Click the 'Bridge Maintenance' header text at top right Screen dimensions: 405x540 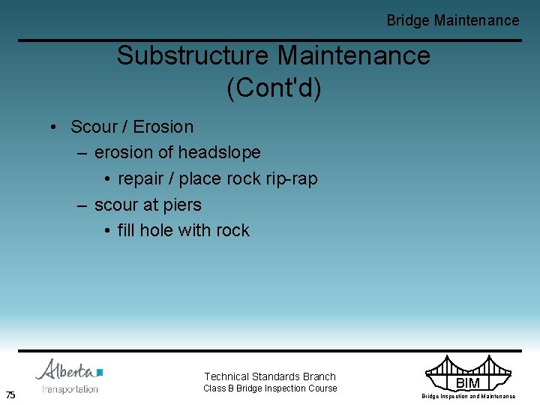pos(452,20)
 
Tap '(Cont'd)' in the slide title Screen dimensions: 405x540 pos(273,88)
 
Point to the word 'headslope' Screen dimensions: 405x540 pos(220,152)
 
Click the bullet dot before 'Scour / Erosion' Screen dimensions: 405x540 pos(55,127)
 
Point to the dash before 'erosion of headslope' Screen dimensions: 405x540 pos(82,153)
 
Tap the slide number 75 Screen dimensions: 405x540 pos(10,395)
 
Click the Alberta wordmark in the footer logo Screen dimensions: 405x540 pos(65,370)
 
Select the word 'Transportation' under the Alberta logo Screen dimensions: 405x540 pos(70,389)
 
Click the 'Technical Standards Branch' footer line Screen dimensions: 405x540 pos(270,376)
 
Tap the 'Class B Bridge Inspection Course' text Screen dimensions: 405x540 pos(270,388)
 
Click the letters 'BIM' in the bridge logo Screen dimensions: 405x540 pos(467,383)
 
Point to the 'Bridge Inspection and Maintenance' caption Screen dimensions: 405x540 pos(468,397)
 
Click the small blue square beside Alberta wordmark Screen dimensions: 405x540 pos(100,372)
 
